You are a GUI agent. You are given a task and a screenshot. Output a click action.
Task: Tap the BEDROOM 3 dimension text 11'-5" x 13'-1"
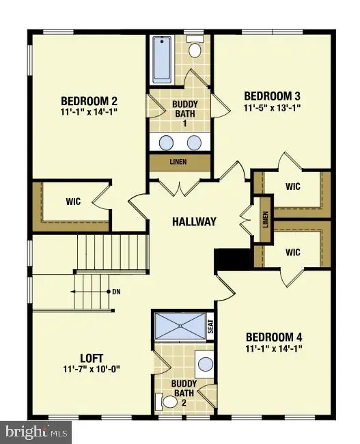(x=273, y=107)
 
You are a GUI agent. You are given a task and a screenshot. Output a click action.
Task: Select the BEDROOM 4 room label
(x=275, y=337)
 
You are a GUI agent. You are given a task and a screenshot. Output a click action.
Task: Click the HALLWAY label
(x=194, y=221)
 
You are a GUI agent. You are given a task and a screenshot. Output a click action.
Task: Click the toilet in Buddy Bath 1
(x=195, y=48)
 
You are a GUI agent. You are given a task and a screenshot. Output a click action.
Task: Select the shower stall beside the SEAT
(x=180, y=326)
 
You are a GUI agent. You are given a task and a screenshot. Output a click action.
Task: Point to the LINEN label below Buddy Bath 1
(x=180, y=163)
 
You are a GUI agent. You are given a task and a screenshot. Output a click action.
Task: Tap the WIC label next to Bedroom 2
(x=74, y=202)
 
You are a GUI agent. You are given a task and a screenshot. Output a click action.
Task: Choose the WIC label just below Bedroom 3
(x=293, y=186)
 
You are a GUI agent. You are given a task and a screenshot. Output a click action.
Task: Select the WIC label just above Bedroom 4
(x=293, y=252)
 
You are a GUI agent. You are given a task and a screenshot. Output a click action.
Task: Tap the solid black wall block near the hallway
(x=225, y=260)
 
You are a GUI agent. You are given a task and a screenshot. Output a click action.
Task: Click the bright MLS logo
(x=38, y=432)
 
